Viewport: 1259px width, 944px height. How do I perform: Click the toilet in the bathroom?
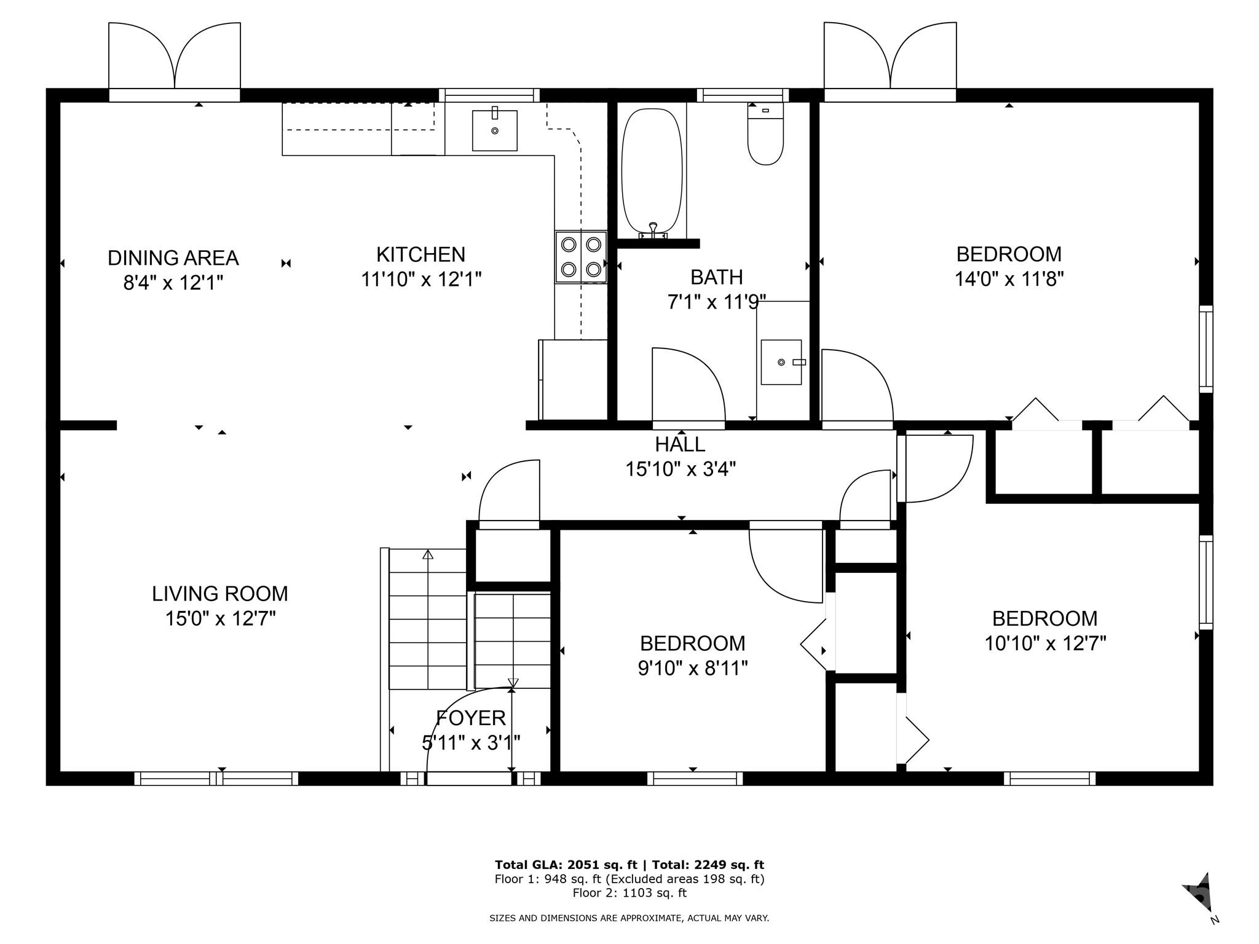tap(765, 134)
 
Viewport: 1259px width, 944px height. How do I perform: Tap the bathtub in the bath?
tap(652, 173)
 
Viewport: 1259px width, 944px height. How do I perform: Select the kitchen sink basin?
tap(494, 130)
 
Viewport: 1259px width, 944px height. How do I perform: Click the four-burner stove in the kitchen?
tap(581, 257)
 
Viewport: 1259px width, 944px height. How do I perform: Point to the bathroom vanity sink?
tap(781, 362)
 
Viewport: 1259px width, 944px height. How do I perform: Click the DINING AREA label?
tap(173, 258)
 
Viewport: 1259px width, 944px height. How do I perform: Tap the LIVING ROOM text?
tap(220, 594)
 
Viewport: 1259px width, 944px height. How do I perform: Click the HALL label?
tap(680, 444)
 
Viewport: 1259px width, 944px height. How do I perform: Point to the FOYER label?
tap(471, 718)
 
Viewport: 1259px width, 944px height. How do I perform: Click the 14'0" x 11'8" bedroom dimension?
tap(1009, 279)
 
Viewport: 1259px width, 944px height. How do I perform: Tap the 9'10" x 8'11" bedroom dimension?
tap(693, 668)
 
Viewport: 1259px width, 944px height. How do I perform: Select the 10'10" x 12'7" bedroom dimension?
tap(1045, 643)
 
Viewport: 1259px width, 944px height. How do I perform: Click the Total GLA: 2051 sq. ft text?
tap(566, 865)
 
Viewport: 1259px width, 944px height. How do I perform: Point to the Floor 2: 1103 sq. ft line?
tap(629, 893)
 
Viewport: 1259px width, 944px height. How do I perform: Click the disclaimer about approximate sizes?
tap(629, 918)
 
